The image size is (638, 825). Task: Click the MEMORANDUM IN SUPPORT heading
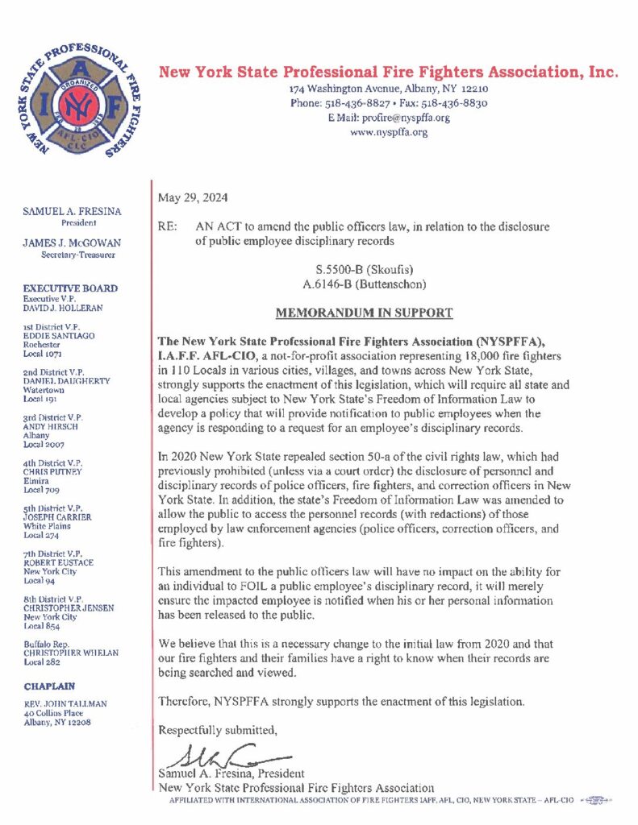364,313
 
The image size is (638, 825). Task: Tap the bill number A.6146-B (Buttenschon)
364,284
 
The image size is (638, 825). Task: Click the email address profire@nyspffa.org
402,118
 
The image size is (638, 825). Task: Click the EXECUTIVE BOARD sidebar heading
70,288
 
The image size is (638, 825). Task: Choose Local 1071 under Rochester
43,353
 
